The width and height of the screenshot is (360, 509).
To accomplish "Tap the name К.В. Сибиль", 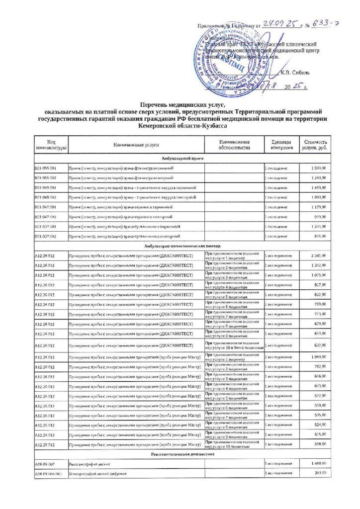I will [x=295, y=72].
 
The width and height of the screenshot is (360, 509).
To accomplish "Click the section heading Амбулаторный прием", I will [x=180, y=158].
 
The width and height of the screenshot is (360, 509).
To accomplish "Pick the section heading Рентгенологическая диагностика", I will [x=180, y=454].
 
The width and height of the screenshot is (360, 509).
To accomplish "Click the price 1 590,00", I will [x=318, y=169].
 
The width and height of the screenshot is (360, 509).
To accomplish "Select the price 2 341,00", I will [x=318, y=255].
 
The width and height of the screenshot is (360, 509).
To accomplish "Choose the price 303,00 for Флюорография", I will [x=320, y=474].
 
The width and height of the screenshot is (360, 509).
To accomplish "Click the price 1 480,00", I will [x=318, y=463].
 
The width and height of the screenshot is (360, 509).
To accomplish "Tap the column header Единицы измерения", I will [x=278, y=145].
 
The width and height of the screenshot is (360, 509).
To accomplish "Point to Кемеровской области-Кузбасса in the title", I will [x=180, y=127].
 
